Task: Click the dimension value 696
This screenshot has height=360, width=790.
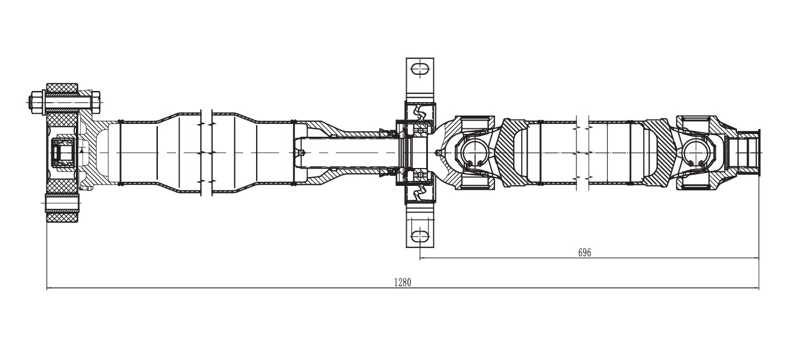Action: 584,253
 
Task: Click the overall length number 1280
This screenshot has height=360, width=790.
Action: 402,282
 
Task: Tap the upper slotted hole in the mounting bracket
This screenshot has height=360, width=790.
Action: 420,69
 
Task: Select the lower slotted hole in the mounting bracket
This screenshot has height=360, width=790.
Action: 420,236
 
